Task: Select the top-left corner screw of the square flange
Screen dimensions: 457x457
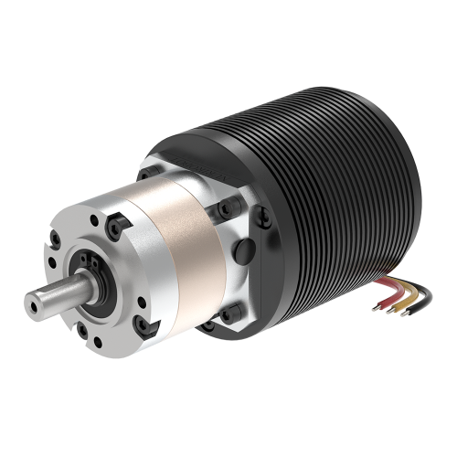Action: (x=147, y=170)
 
